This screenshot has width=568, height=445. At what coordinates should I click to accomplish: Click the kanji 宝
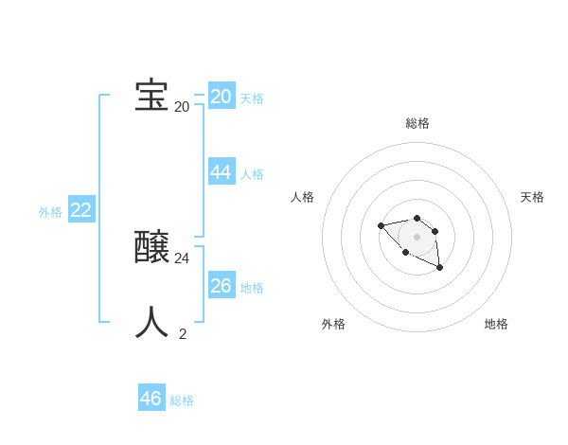pos(151,96)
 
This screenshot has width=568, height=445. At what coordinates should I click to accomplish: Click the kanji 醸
pos(151,248)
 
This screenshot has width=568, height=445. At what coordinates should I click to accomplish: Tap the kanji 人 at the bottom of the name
pos(151,322)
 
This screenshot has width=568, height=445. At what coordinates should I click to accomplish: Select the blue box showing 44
pos(222,171)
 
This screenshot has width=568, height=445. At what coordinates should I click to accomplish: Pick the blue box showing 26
pos(222,285)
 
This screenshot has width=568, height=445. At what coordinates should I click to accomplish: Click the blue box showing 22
pos(80,210)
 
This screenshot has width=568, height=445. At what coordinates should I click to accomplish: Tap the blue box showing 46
pos(151,398)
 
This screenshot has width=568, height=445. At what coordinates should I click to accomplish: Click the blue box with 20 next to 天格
pos(222,97)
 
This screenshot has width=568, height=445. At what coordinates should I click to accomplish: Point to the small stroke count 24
pos(182,258)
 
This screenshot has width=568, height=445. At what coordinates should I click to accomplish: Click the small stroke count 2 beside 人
pos(182,333)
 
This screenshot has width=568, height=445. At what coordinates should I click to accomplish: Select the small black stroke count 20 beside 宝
pos(182,106)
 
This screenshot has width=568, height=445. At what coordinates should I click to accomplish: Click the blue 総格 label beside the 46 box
pos(182,400)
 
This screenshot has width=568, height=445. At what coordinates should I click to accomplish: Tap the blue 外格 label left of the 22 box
pos(50,212)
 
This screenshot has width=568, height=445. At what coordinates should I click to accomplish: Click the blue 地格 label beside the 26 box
pos(252,288)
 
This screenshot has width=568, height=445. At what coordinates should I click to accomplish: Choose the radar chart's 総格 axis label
pos(417,123)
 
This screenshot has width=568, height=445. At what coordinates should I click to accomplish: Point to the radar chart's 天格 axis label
pos(532,197)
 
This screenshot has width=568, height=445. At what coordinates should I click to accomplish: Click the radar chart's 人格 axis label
pos(303,197)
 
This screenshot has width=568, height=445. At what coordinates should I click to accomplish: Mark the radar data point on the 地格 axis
pos(440,269)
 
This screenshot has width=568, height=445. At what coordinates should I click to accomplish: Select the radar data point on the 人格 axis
pos(381,225)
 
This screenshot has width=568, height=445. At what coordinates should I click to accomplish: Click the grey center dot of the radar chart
pos(417,237)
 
